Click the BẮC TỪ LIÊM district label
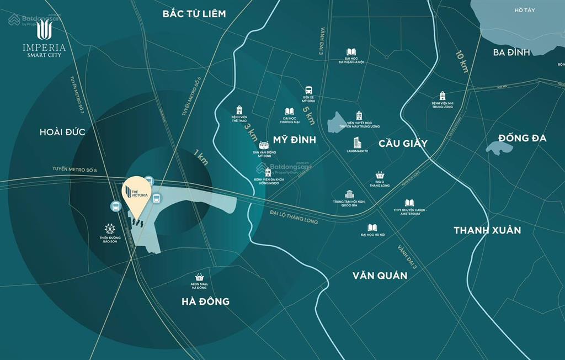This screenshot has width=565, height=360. (x=194, y=13)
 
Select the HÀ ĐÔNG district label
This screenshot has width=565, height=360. (x=205, y=301)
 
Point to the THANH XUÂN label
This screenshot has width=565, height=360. (x=487, y=230)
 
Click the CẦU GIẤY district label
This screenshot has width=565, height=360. (x=403, y=144)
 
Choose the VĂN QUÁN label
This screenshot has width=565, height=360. (x=380, y=275)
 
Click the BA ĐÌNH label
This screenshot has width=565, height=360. (x=511, y=52)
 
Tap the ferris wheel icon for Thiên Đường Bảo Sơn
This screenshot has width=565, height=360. (x=110, y=229)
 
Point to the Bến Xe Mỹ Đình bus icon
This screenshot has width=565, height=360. (x=308, y=90)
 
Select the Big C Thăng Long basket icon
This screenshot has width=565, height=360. (x=379, y=175)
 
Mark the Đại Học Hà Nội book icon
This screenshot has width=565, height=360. (x=373, y=227)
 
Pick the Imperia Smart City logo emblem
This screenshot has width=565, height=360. (x=44, y=30)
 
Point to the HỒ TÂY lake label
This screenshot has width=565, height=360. (x=525, y=10)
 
